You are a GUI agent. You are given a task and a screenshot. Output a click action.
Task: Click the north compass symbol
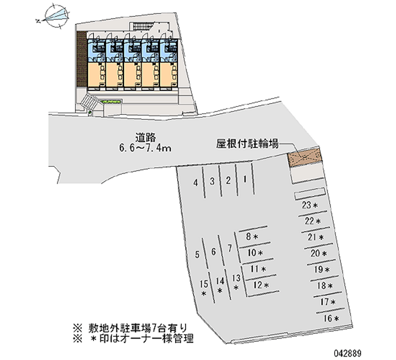tap(56, 16)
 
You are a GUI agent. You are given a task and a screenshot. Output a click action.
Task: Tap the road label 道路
tap(146, 138)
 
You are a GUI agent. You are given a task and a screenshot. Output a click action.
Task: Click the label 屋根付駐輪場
tap(247, 144)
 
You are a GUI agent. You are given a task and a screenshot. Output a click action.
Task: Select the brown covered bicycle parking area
tap(304, 157)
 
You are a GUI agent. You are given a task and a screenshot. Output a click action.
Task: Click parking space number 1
tap(245, 179)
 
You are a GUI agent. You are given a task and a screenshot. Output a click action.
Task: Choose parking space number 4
tap(196, 183)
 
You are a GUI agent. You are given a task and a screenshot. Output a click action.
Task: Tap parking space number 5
tap(197, 255)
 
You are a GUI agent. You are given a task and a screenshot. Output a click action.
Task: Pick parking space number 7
tap(230, 248)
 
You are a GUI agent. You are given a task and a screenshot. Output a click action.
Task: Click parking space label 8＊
tap(252, 237)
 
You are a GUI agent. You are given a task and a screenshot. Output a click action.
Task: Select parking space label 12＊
tap(261, 285)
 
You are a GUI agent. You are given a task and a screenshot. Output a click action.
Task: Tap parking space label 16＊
tap(331, 318)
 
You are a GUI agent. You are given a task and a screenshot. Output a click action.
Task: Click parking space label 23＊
tap(310, 205)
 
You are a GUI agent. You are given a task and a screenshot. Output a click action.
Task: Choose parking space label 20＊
tap(319, 253)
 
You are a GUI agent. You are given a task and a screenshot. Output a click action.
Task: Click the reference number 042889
tap(348, 353)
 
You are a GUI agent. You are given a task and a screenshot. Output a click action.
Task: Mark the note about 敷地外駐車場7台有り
tap(130, 328)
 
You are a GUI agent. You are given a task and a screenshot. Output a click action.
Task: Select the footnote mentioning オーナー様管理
tap(133, 339)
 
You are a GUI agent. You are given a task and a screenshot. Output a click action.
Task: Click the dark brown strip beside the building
tap(82, 59)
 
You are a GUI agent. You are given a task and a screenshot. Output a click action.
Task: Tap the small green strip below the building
tap(111, 102)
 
